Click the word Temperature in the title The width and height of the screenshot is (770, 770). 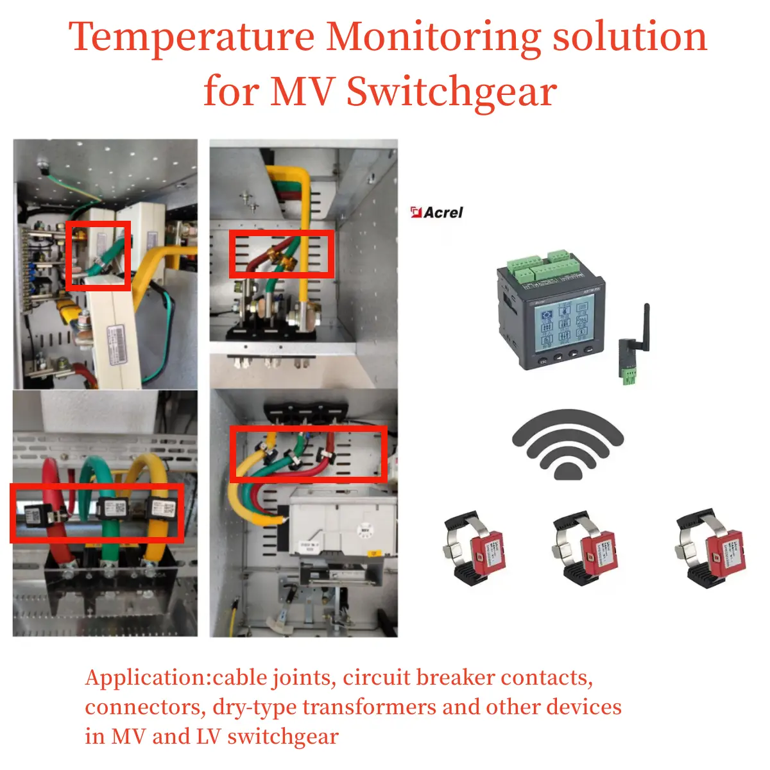191,37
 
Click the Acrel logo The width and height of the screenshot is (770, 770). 437,212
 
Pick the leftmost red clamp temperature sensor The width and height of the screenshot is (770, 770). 474,549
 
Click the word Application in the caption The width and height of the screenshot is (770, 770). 148,678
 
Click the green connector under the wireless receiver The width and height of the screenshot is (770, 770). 627,377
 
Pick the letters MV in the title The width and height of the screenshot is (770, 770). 302,92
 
